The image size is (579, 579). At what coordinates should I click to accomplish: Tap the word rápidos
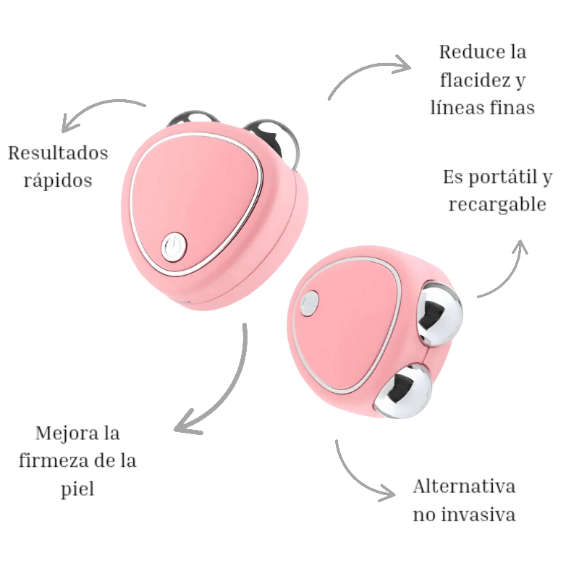pyautogui.click(x=58, y=179)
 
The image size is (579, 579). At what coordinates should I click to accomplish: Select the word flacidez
pyautogui.click(x=462, y=80)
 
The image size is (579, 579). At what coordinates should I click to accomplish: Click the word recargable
pyautogui.click(x=496, y=204)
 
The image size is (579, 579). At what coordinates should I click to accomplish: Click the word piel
pyautogui.click(x=77, y=489)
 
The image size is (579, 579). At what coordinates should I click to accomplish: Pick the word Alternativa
pyautogui.click(x=464, y=486)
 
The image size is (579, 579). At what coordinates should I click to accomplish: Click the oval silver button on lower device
pyautogui.click(x=310, y=303)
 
